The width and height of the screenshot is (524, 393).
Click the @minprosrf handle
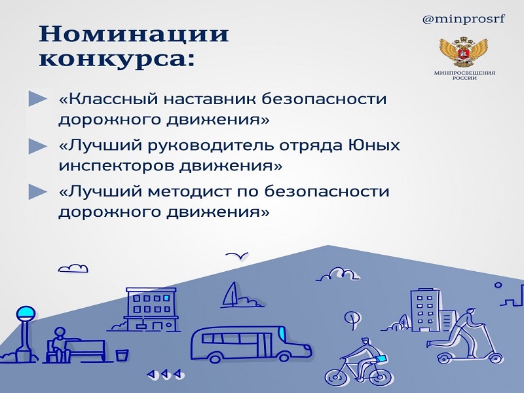464,20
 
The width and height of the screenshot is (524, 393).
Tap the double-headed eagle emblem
464,52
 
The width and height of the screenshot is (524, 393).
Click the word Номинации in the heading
134,34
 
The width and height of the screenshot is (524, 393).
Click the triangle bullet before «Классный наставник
38,99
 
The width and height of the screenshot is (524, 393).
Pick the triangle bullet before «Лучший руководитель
38,146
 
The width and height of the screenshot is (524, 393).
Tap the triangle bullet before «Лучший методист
38,191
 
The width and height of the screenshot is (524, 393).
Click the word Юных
373,145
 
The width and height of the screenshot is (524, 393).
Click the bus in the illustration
251,345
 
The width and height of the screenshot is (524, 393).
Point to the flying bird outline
236,256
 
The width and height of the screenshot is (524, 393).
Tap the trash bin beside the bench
122,354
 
